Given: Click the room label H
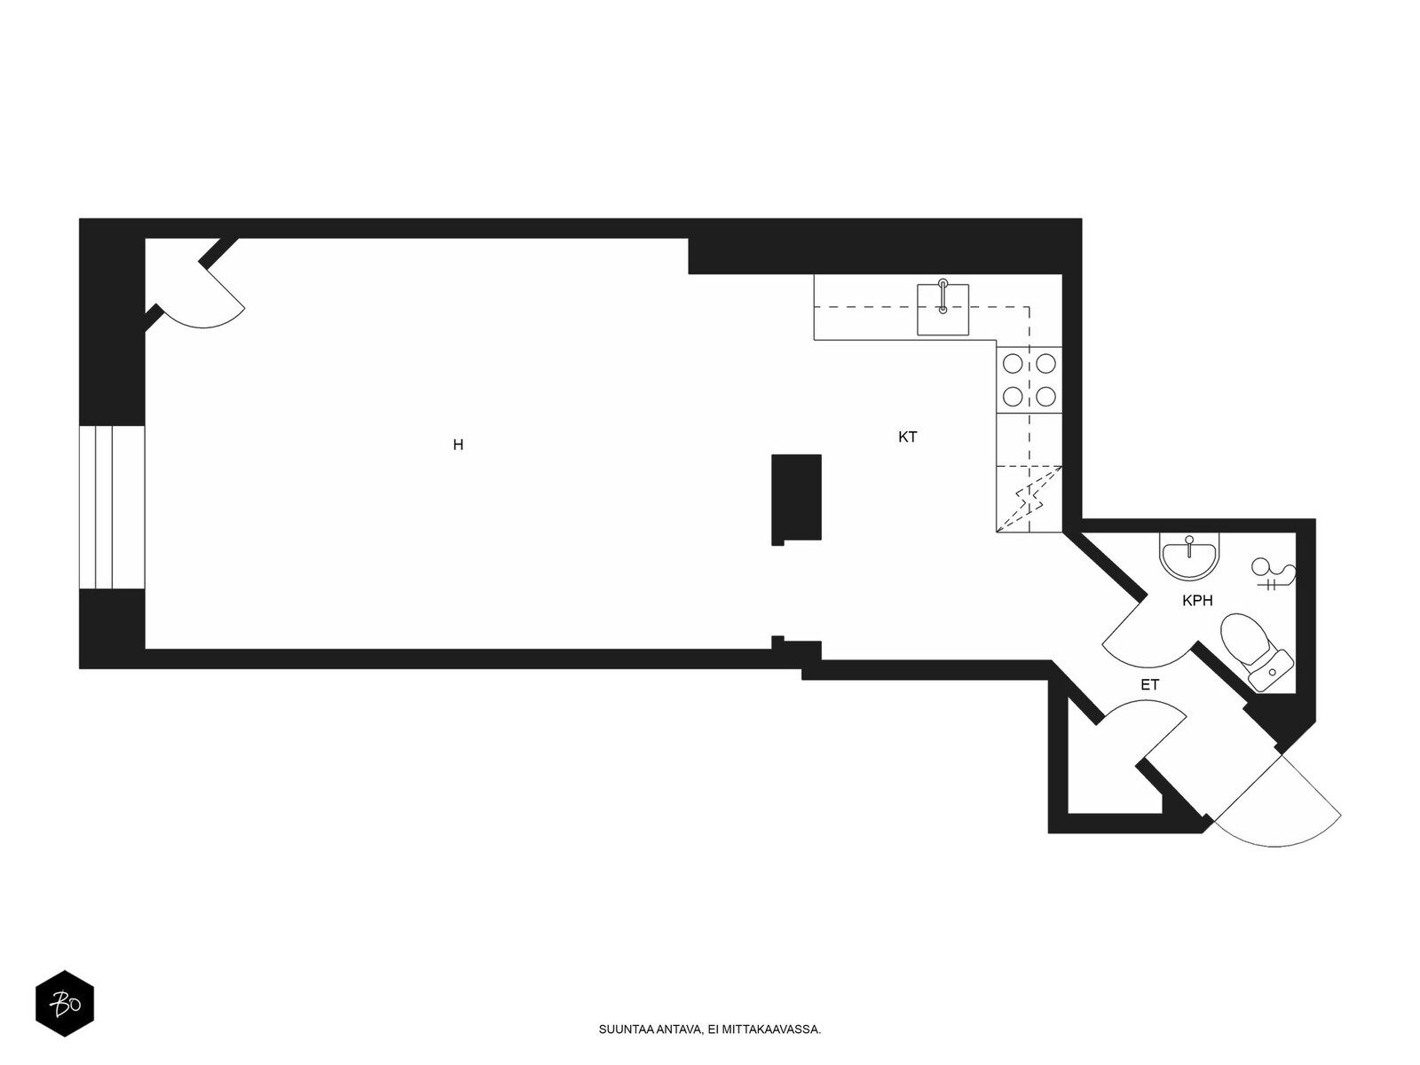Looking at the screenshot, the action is pos(458,445).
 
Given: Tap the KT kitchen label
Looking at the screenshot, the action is pos(907,438).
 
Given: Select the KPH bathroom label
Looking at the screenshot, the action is pos(1197,601).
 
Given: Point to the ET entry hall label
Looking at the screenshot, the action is pos(1149,685).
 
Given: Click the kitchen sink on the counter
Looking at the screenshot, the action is pos(943,310).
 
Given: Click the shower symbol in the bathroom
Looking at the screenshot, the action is pos(1274,574).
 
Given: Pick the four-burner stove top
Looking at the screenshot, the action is pos(1029,380).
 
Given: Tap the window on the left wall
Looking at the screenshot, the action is pos(112,507).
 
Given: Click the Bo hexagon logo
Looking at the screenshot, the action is pos(65,1003).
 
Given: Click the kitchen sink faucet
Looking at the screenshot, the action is pos(943,296).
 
